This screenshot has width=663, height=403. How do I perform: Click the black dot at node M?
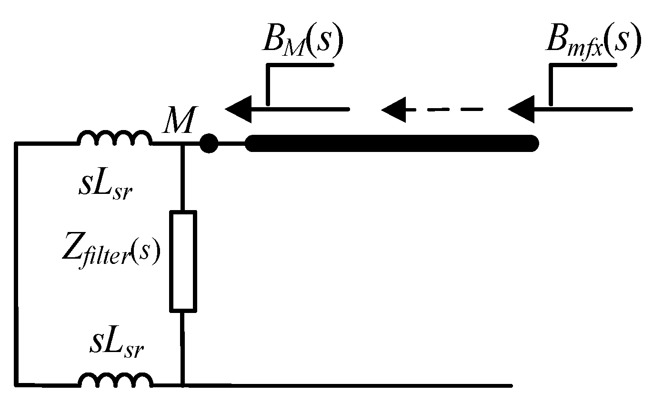(208, 143)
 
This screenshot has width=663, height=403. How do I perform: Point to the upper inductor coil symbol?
(114, 138)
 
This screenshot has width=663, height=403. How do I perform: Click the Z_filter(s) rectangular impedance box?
(183, 262)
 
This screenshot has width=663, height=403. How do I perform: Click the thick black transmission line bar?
(391, 143)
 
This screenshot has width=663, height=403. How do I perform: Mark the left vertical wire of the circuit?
(17, 262)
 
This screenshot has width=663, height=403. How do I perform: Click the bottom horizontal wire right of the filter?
(348, 384)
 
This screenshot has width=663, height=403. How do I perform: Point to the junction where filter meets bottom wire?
(183, 384)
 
